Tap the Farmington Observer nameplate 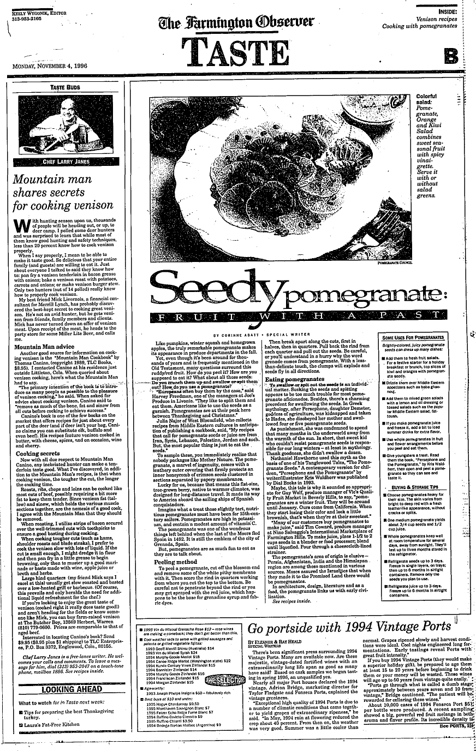(236, 22)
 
